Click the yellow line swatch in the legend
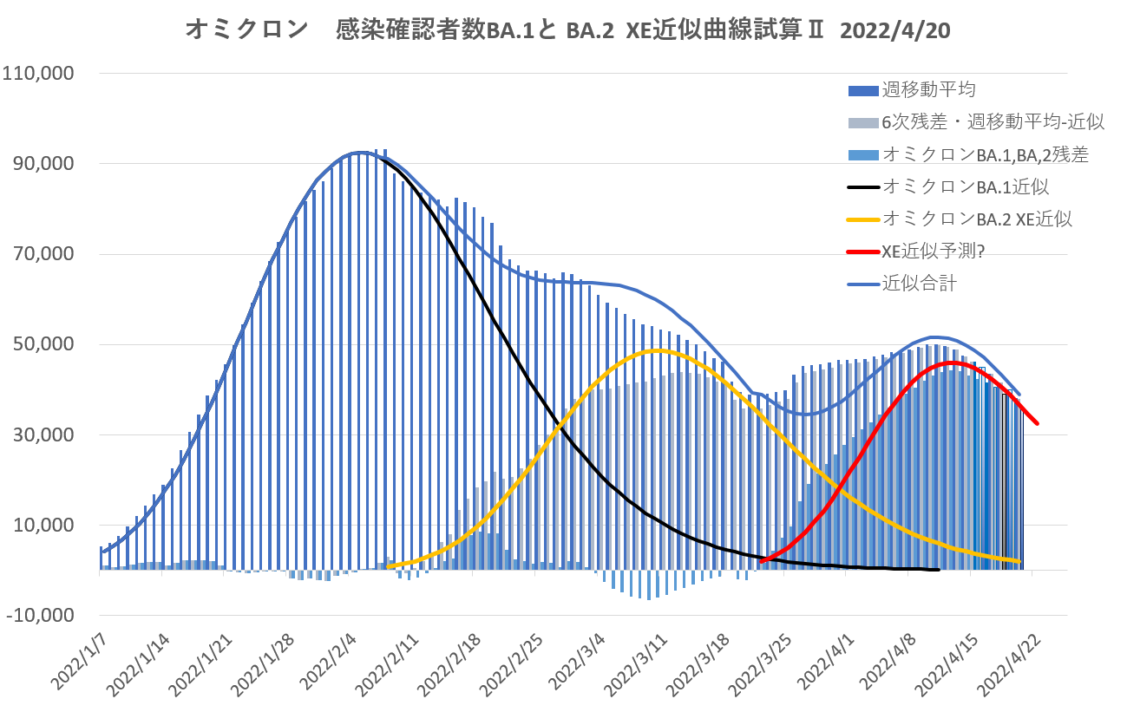pos(861,219)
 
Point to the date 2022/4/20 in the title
pos(901,31)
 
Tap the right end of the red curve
pos(1038,423)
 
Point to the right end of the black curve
pos(939,570)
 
